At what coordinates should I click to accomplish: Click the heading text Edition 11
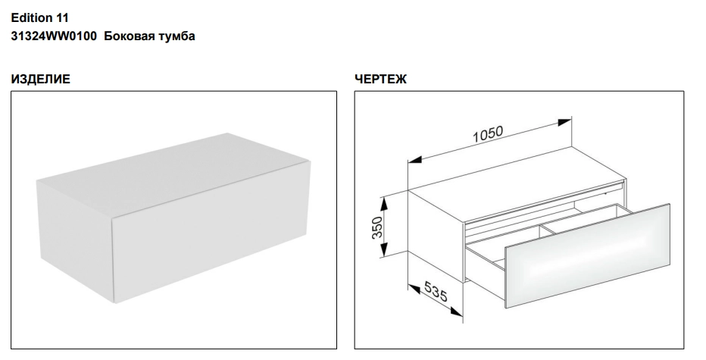39,18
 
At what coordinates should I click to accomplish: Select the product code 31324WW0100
54,36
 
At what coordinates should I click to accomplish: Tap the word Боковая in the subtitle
130,36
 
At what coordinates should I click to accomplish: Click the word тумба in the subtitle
177,37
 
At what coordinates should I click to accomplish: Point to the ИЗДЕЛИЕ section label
40,80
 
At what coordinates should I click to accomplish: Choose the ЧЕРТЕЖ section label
380,80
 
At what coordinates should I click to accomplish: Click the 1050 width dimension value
488,134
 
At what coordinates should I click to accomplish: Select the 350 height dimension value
377,228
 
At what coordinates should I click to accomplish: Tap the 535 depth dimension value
436,290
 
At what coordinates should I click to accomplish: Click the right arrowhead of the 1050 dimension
564,122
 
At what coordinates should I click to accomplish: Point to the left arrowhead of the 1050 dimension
415,159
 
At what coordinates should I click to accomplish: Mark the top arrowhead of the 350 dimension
383,205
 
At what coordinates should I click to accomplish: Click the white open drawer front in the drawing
589,255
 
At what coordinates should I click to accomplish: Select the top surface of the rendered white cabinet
173,173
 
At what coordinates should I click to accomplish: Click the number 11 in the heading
63,18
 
